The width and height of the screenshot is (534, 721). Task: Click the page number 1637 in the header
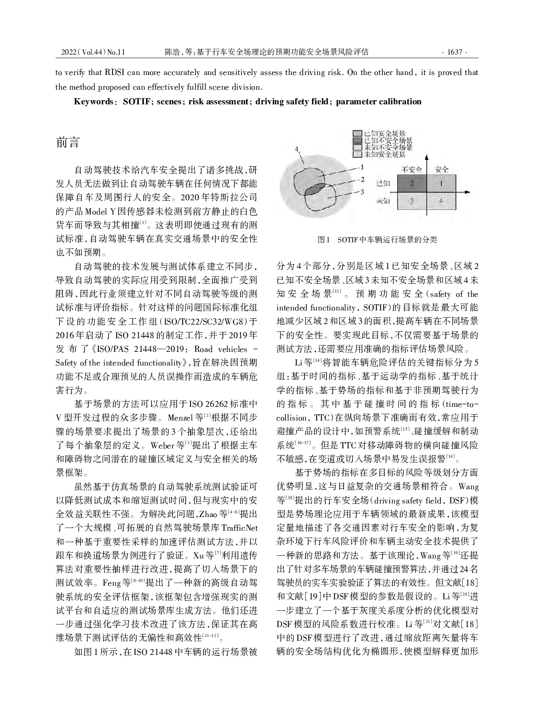[x=455, y=52]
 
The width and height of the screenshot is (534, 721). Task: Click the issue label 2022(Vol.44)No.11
[x=93, y=52]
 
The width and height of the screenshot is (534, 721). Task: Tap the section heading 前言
[x=68, y=143]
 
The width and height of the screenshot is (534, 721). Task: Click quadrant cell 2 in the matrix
[x=412, y=183]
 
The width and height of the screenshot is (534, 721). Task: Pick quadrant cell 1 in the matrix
[x=441, y=183]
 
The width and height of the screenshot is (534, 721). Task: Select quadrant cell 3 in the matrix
[x=412, y=200]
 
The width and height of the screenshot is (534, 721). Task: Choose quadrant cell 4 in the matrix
[x=441, y=200]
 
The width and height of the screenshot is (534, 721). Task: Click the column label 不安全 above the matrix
[x=412, y=169]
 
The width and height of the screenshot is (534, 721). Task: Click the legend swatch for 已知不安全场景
[x=358, y=141]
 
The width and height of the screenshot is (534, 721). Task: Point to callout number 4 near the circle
[x=297, y=149]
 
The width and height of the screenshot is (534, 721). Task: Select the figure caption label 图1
[x=324, y=240]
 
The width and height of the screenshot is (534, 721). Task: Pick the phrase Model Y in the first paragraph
[x=100, y=212]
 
